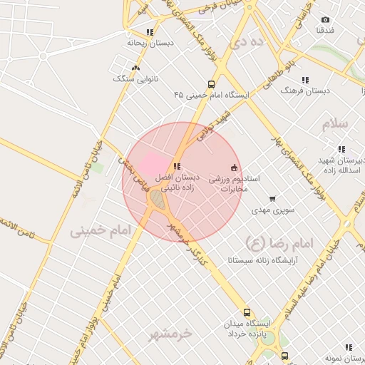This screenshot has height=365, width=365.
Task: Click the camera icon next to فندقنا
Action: point(326,20)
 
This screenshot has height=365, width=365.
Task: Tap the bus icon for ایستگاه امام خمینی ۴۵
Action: point(211,83)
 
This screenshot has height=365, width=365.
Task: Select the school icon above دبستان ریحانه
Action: point(149,32)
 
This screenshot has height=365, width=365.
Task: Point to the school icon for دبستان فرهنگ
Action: point(305,80)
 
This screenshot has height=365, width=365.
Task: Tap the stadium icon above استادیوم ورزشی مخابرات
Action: point(234,168)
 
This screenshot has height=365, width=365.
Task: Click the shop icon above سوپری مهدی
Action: point(272,200)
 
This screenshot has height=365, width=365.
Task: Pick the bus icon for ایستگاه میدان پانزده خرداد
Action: point(247,312)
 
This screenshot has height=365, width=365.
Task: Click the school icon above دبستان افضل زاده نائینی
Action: point(177,167)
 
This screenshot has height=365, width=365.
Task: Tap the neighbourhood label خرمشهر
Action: point(172,333)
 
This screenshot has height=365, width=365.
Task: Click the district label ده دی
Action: point(247,42)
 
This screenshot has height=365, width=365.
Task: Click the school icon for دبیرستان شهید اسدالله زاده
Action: point(341,149)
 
